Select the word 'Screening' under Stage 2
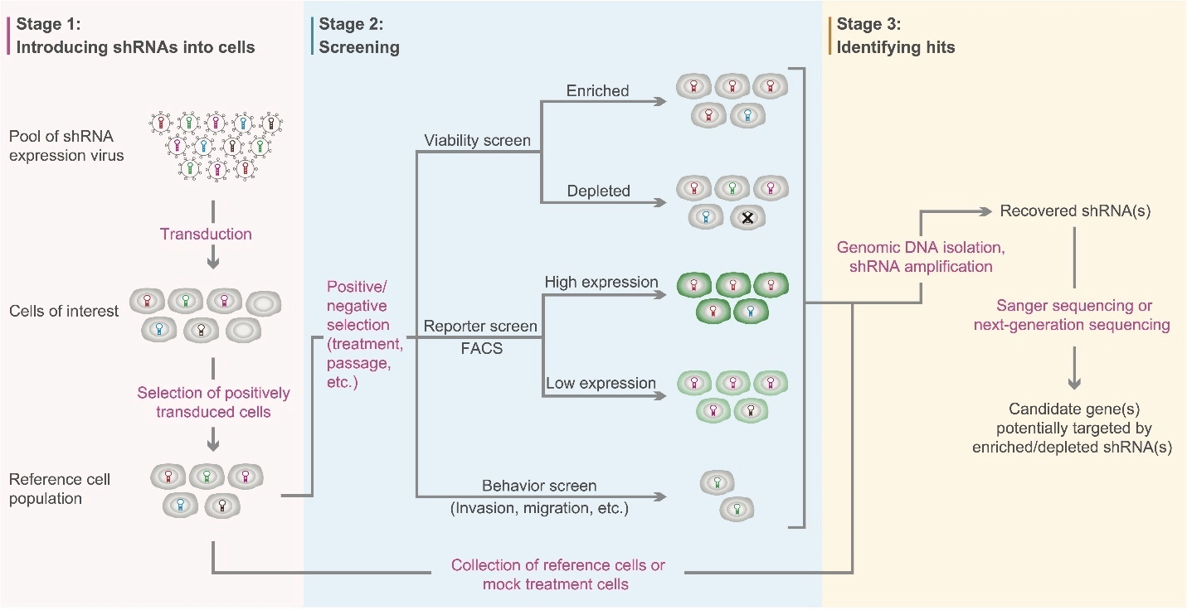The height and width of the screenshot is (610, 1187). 359,47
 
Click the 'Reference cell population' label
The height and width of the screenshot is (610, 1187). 59,488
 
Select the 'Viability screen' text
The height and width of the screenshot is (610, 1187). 477,140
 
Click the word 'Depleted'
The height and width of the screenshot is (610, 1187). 599,191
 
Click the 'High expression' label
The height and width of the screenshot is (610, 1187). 601,282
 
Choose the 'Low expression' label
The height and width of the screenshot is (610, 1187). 601,383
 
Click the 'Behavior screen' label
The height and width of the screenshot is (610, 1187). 539,485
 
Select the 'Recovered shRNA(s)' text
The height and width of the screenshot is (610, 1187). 1075,211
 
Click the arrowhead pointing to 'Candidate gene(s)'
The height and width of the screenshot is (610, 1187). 1075,383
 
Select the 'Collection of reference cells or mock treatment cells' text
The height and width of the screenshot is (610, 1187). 557,575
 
